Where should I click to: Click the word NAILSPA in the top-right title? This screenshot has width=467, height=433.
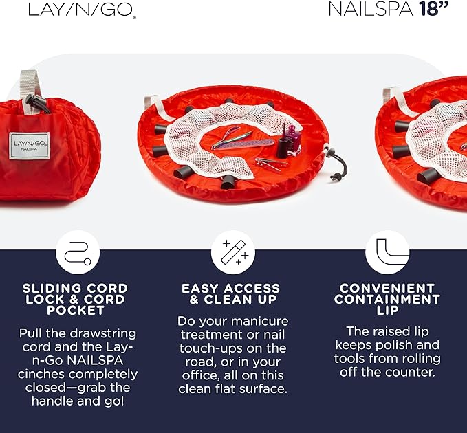click(x=371, y=10)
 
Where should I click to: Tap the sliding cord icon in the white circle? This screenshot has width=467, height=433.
click(x=77, y=252)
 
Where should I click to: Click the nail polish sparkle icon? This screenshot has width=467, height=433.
click(x=232, y=252)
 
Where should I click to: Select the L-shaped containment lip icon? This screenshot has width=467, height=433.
click(x=387, y=252)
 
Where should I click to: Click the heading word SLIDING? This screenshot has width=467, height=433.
click(x=50, y=288)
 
